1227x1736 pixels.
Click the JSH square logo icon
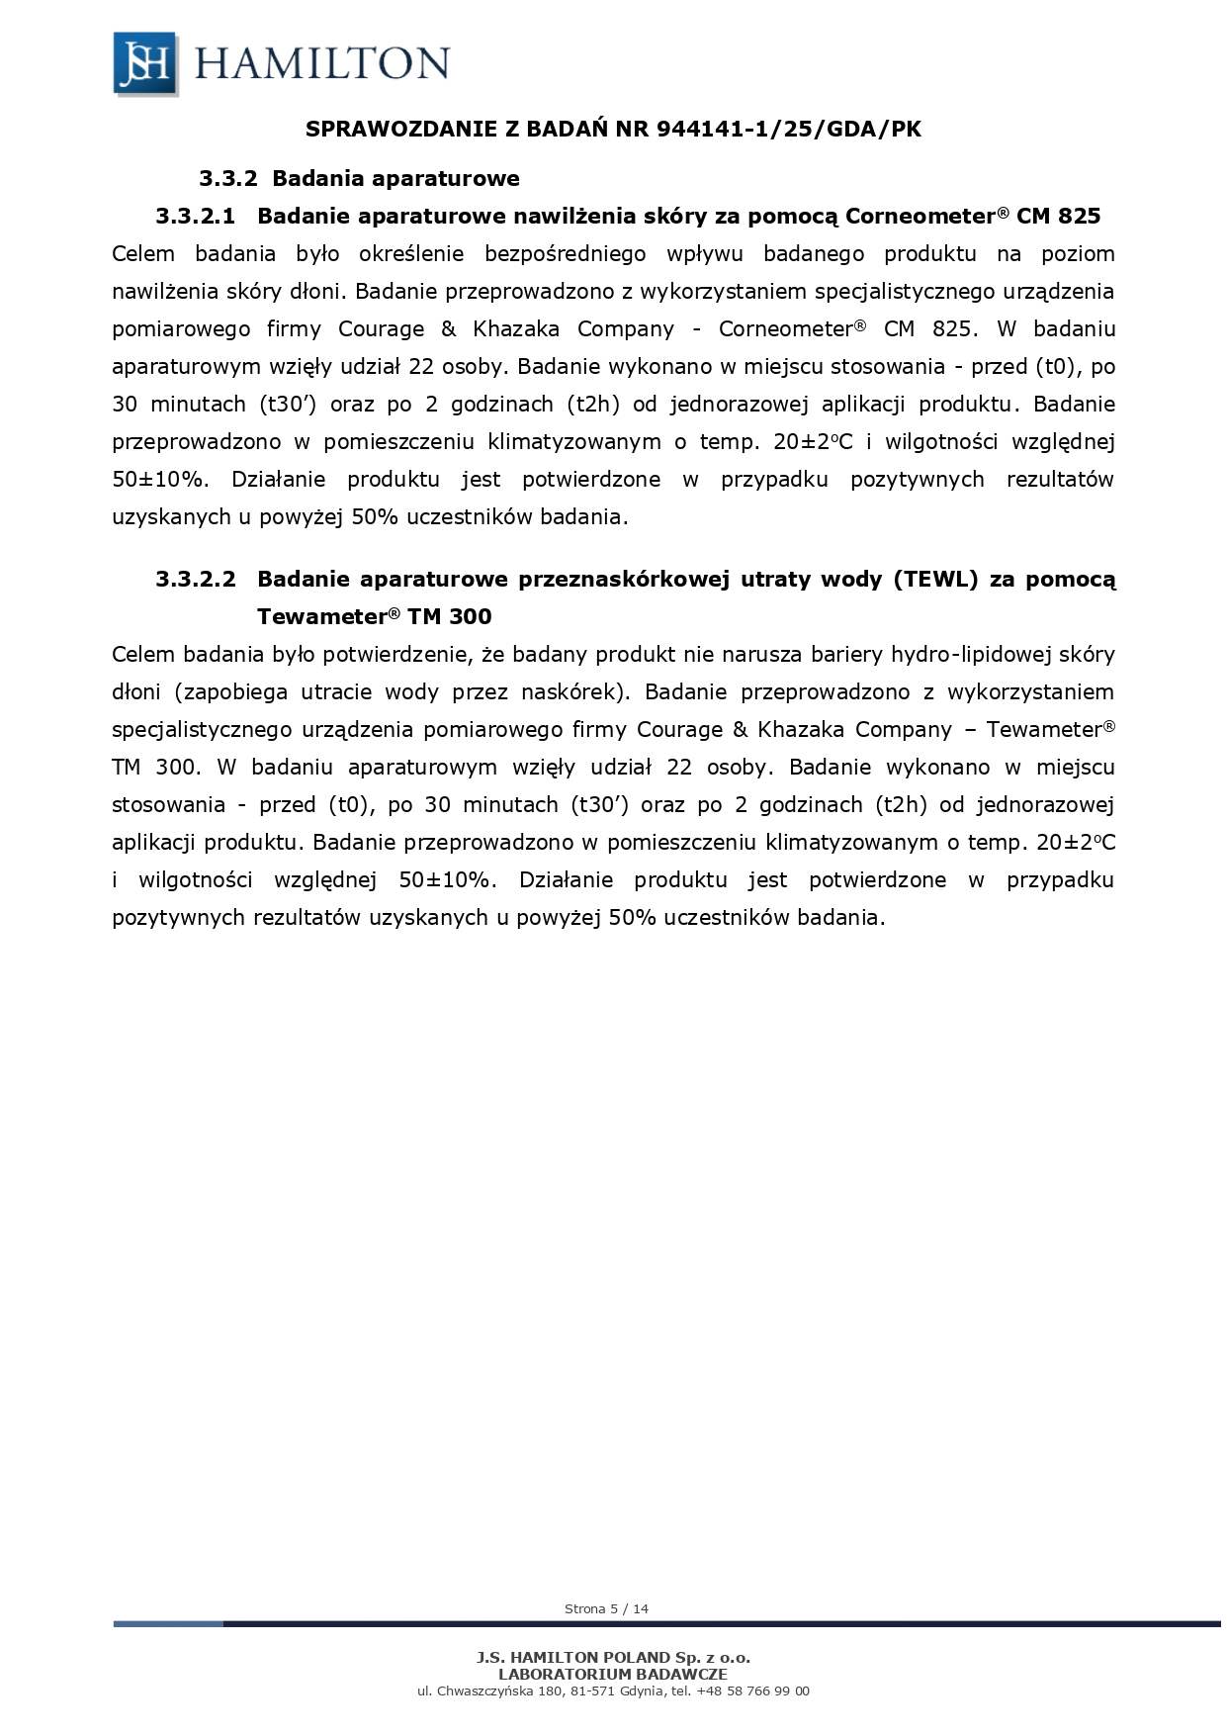pos(145,63)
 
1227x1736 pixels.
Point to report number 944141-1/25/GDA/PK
pos(789,130)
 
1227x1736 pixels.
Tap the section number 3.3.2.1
pos(196,216)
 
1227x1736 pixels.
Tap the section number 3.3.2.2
pos(196,579)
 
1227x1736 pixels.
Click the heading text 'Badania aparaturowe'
pos(395,179)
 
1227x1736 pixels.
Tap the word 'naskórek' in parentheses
pos(573,691)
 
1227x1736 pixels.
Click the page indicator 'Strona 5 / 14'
pos(606,1608)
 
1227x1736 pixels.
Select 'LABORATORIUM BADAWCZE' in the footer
pos(613,1674)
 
